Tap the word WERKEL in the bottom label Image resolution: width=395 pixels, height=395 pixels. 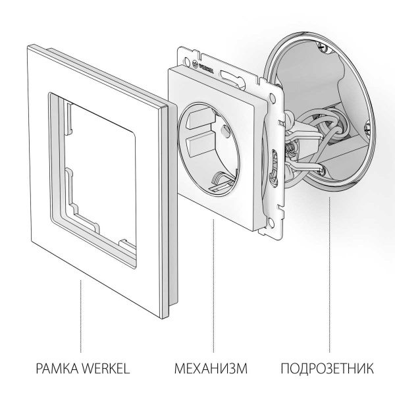(x=104, y=367)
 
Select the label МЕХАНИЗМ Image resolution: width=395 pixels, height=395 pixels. (x=211, y=367)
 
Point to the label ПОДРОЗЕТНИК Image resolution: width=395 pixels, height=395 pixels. (x=327, y=367)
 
